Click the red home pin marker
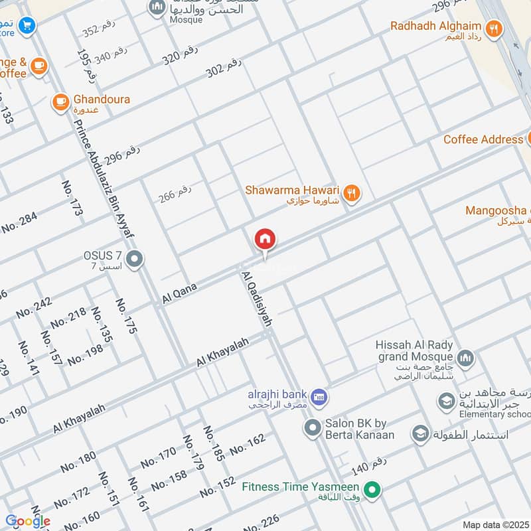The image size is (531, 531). [265, 240]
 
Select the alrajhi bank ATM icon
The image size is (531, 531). [319, 397]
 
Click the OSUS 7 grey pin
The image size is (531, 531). [135, 259]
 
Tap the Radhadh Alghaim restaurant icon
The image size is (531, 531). [493, 28]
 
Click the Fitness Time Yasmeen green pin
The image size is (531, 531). [373, 491]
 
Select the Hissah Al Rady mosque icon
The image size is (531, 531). [466, 358]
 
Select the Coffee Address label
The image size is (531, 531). [483, 139]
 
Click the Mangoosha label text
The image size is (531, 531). [495, 211]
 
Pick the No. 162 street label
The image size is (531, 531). [247, 445]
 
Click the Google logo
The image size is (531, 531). [27, 521]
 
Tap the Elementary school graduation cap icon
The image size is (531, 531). [446, 402]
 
